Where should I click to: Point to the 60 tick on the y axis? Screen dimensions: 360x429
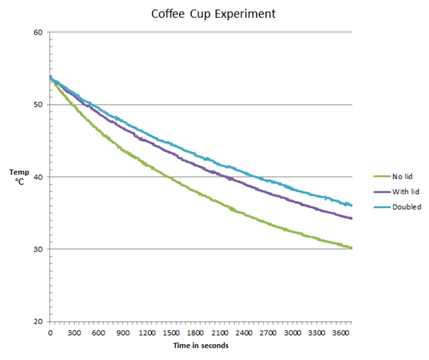click(x=38, y=32)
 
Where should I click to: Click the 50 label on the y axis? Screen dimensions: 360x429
click(x=38, y=105)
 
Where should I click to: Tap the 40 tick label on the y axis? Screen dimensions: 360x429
click(x=38, y=177)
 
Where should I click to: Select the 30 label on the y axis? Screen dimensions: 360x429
click(x=38, y=249)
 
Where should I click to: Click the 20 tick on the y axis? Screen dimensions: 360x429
click(x=38, y=321)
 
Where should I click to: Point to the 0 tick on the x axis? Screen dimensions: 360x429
click(x=50, y=333)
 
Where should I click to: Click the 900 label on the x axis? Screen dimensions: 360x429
click(x=123, y=333)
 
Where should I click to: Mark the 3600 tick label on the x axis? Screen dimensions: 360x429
click(x=341, y=333)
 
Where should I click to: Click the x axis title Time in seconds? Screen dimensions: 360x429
click(x=201, y=345)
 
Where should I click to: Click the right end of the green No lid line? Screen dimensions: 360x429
click(x=352, y=248)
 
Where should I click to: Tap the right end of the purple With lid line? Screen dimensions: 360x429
click(x=352, y=218)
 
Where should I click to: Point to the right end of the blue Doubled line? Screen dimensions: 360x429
click(x=352, y=205)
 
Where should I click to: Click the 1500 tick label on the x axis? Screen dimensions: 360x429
click(x=171, y=333)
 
